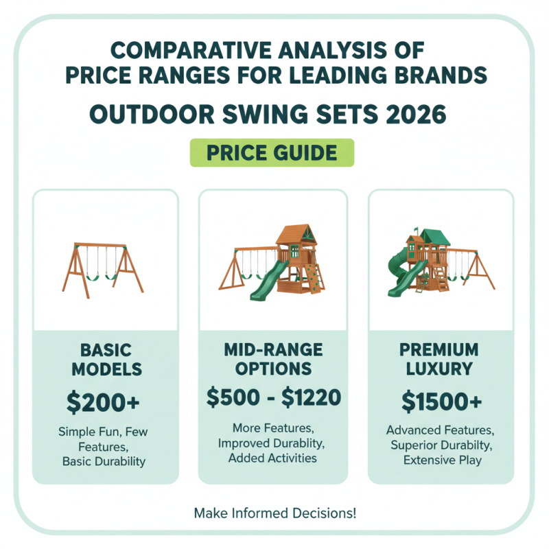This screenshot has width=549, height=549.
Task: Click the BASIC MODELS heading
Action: (x=104, y=360)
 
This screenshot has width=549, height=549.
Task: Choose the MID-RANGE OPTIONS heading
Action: (x=272, y=359)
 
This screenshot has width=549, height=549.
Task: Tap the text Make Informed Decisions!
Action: (x=274, y=513)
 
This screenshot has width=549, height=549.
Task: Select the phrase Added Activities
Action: (x=272, y=458)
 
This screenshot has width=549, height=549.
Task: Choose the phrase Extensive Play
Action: (x=441, y=460)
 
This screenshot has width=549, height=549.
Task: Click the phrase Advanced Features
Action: (x=440, y=430)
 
